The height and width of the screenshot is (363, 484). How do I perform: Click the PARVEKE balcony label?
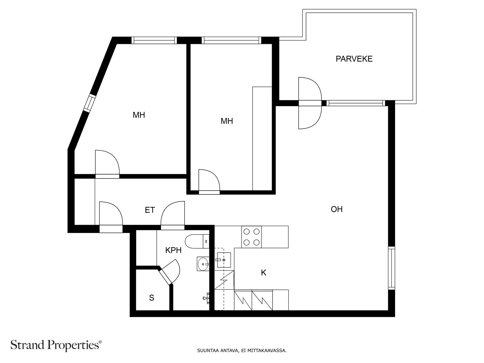pos(354,59)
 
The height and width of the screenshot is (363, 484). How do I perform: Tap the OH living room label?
pos(337,209)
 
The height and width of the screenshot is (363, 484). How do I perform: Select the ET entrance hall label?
pos(150,210)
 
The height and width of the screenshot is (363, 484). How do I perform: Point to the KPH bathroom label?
pos(173,250)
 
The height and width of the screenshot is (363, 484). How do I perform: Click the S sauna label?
pos(152,298)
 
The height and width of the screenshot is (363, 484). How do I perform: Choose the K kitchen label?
pos(263,273)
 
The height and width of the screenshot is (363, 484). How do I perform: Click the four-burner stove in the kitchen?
pos(251,237)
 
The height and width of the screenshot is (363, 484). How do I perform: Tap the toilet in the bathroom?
pos(197,241)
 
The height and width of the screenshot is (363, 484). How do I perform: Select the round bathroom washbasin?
pos(203,264)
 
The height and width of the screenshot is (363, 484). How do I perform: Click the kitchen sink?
pos(224,260)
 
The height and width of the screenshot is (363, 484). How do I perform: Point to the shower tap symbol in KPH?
pos(206,298)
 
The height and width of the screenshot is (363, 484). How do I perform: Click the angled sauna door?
pos(169,272)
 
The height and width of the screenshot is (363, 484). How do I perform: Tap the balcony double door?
pos(310,103)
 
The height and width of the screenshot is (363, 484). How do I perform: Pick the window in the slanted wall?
pos(90,103)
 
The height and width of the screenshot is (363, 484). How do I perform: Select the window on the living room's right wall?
pos(391,268)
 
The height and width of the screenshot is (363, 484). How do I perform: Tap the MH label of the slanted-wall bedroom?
pos(139,115)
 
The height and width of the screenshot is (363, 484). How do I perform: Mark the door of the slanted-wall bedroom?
pos(107,164)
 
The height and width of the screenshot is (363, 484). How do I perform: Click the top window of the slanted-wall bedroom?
pos(154,40)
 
